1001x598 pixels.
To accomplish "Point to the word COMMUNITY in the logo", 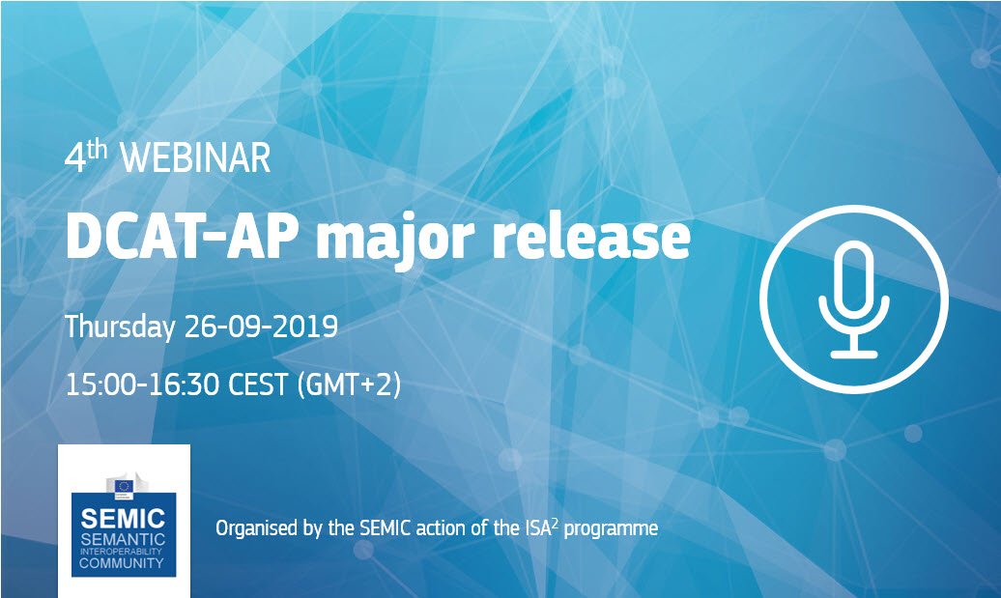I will (124, 563).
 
